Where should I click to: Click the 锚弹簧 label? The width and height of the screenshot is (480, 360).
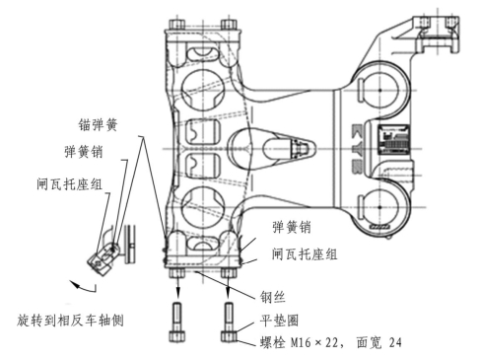click(x=98, y=125)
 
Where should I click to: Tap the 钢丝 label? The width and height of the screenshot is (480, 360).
click(x=272, y=297)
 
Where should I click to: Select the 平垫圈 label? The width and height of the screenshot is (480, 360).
click(x=279, y=321)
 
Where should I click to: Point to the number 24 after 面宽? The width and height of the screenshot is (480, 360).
click(x=395, y=342)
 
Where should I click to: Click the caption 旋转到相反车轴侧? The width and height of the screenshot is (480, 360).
click(x=70, y=320)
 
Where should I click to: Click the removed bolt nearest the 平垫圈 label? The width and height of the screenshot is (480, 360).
click(x=229, y=322)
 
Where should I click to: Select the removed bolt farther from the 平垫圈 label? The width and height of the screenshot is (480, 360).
click(x=177, y=322)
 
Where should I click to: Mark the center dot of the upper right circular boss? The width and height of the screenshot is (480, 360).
click(x=380, y=90)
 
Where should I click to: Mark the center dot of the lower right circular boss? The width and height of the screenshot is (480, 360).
click(x=380, y=207)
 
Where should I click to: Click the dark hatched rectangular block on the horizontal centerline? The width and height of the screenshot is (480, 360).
click(x=393, y=140)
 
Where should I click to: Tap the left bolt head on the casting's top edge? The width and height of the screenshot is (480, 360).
click(x=177, y=25)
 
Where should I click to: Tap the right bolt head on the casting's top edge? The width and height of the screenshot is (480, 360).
click(x=229, y=25)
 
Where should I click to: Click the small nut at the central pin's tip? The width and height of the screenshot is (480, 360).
click(x=300, y=148)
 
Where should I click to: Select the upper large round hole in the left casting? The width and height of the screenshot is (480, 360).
click(x=203, y=90)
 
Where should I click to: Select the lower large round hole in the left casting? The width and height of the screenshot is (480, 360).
click(x=203, y=208)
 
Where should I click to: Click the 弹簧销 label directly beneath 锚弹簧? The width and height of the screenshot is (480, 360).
click(x=84, y=152)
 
